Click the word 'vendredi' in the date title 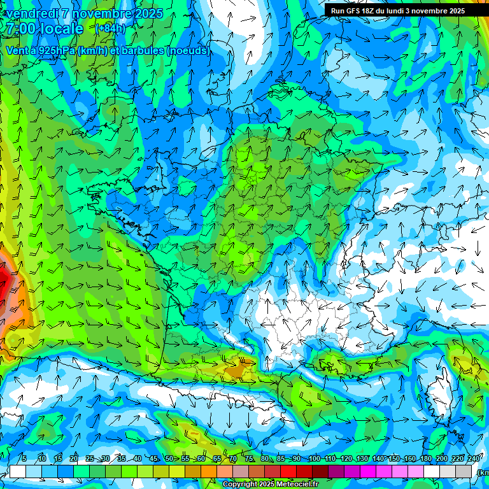pyautogui.click(x=31, y=13)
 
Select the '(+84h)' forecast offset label pyautogui.click(x=110, y=28)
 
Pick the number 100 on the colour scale pyautogui.click(x=314, y=458)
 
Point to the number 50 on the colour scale pyautogui.click(x=169, y=458)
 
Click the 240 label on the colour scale pyautogui.click(x=474, y=458)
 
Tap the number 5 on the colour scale pyautogui.click(x=24, y=458)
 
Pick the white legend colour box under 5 pyautogui.click(x=17, y=472)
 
